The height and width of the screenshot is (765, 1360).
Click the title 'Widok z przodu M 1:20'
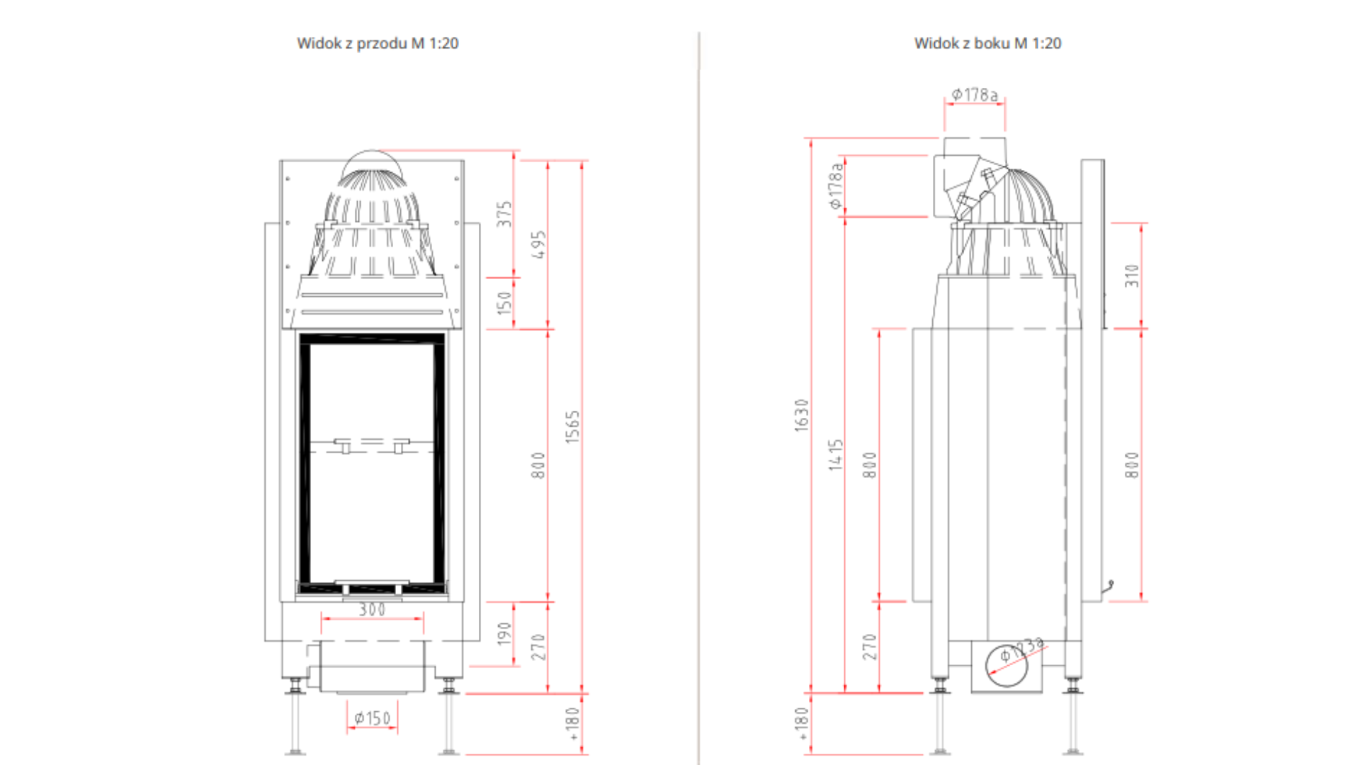378,43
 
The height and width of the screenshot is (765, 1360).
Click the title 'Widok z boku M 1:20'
987,43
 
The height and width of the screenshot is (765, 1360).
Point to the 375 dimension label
504,214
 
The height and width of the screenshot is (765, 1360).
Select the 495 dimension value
538,244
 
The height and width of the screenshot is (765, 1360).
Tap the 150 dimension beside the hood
504,303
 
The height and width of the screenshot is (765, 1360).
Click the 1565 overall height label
572,427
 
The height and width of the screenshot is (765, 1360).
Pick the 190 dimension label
504,634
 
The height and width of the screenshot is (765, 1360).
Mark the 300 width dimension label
372,609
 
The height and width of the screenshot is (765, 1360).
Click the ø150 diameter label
372,718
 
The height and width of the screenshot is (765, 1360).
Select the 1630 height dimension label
801,415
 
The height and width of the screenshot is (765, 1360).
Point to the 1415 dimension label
836,455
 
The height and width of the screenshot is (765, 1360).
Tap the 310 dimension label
1132,276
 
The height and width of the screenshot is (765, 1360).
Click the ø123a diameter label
1021,650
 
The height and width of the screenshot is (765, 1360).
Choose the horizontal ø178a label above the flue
975,95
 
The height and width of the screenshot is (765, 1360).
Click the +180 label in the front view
572,724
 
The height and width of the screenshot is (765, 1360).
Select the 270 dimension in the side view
870,647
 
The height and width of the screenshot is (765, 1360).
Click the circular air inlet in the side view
1007,666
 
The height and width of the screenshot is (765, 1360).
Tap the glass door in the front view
372,464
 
